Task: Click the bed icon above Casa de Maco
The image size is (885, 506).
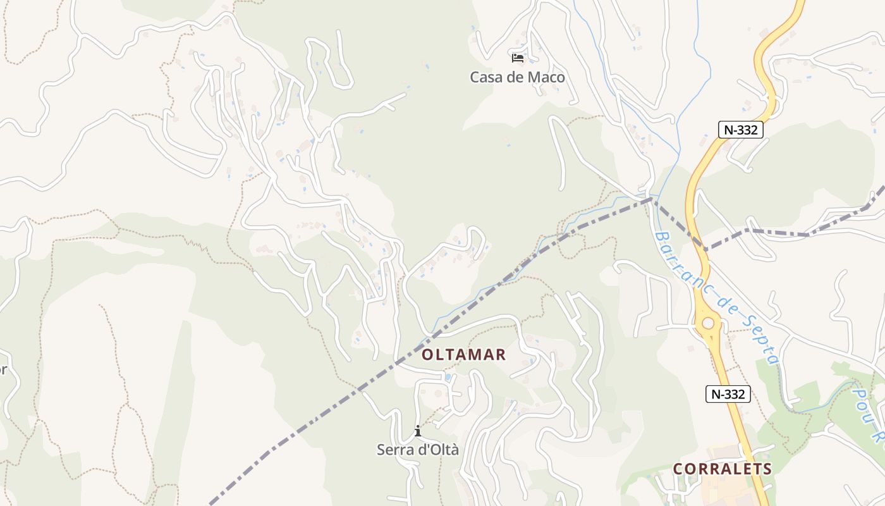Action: tap(518, 58)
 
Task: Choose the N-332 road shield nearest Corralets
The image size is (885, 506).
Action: tap(728, 394)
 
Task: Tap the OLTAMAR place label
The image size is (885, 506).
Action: tap(464, 355)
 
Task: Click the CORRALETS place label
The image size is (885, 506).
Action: tap(723, 469)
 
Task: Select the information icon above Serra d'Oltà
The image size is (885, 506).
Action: tap(417, 431)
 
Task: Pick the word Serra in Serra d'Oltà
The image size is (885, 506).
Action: tap(394, 450)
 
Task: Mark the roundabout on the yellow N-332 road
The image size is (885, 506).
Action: tap(708, 323)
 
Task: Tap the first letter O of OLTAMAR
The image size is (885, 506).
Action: tap(428, 355)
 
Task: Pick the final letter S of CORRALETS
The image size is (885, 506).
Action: tap(767, 469)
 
